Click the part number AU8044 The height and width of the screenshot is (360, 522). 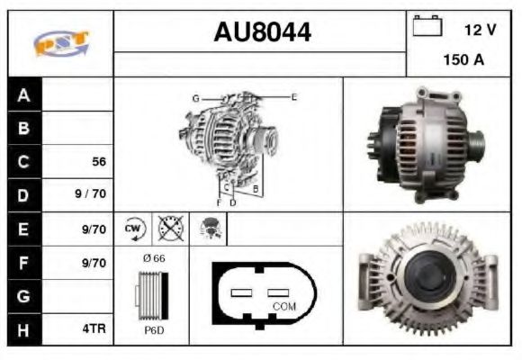(x=262, y=33)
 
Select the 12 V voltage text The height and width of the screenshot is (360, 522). (x=480, y=30)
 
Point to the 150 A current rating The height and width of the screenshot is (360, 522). (x=463, y=60)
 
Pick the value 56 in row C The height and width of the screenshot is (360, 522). (x=99, y=162)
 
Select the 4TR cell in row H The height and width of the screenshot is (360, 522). (x=94, y=329)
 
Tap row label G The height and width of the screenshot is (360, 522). (x=24, y=296)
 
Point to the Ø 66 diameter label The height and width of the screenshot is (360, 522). (x=153, y=258)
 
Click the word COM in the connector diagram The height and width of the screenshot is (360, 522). (x=283, y=307)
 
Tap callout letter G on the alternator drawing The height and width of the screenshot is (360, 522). (x=194, y=97)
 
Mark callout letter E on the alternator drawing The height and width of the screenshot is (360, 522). (x=293, y=96)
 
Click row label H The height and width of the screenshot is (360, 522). (x=24, y=329)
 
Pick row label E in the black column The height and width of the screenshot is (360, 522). (x=24, y=229)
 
